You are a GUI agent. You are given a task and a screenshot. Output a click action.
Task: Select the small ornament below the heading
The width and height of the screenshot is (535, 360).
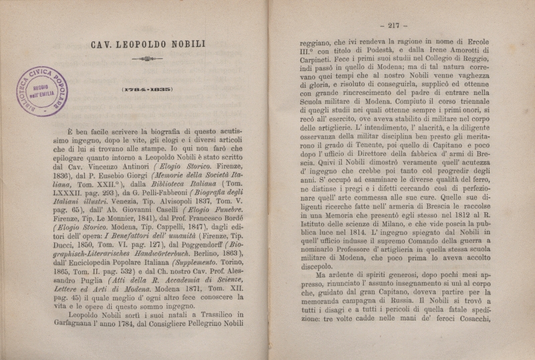147,60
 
